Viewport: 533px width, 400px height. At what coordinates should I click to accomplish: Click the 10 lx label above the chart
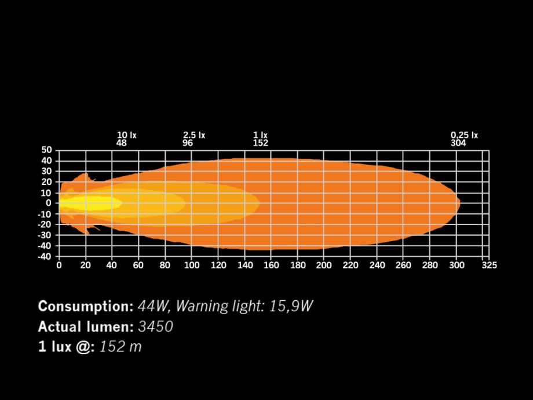click(127, 135)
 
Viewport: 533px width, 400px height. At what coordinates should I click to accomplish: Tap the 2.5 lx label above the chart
click(194, 135)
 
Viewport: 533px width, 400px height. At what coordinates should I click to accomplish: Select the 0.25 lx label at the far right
click(465, 135)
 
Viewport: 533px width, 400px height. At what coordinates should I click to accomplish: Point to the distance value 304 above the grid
click(458, 143)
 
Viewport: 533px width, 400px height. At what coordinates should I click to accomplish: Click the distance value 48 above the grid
click(122, 143)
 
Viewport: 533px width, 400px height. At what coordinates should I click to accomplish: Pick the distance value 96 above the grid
click(188, 143)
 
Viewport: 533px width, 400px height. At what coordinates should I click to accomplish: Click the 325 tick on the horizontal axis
click(489, 266)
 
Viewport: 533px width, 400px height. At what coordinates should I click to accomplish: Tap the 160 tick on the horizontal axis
click(272, 266)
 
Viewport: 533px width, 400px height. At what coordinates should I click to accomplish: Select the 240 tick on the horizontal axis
click(378, 266)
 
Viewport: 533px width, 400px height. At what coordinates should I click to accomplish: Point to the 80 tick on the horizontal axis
click(165, 266)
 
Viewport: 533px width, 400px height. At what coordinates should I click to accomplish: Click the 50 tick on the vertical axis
click(46, 150)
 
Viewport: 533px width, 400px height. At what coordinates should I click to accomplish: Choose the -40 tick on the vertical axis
click(45, 256)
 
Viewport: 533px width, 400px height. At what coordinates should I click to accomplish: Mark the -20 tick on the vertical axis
click(45, 224)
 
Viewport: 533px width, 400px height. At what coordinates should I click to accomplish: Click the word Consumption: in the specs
click(86, 306)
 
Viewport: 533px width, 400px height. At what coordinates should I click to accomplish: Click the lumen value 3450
click(155, 326)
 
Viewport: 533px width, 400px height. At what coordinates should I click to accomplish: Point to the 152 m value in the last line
click(121, 347)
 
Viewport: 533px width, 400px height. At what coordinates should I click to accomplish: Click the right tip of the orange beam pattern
click(459, 203)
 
